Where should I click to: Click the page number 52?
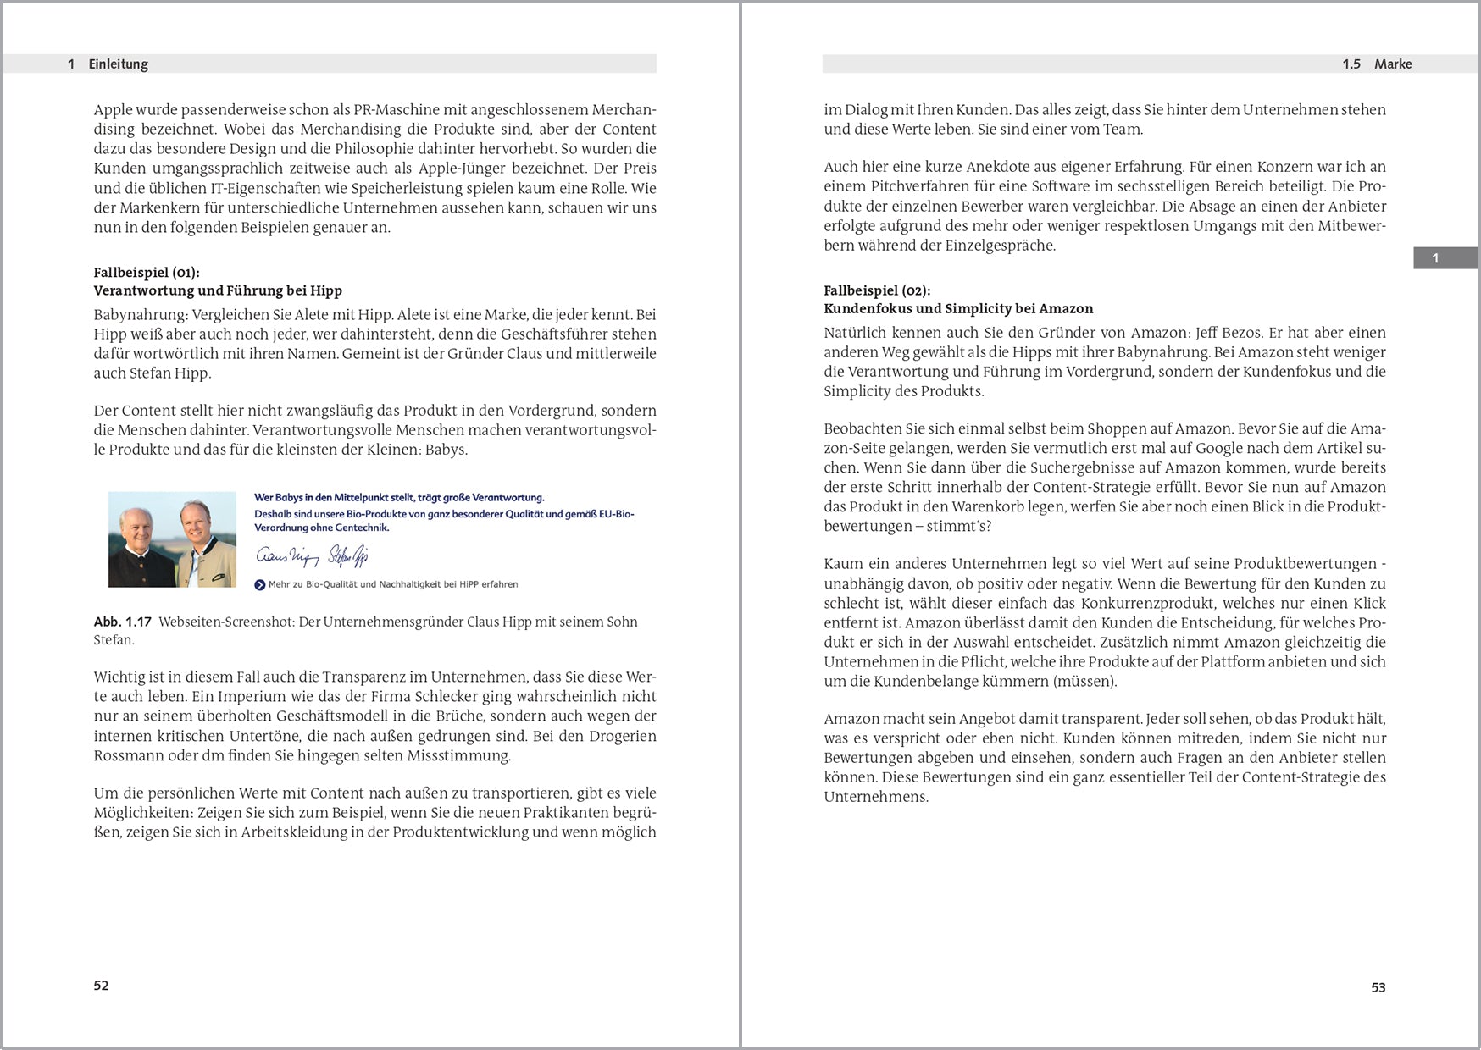pos(101,986)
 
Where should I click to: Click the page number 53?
pos(1378,987)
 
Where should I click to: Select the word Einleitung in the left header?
pos(118,64)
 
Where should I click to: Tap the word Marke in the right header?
pos(1393,64)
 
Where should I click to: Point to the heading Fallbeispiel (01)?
pos(147,273)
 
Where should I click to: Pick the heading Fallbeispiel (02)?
pos(877,290)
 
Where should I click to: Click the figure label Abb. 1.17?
pos(123,622)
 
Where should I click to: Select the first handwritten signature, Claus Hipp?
pos(283,555)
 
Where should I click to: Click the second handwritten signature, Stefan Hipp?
pos(347,555)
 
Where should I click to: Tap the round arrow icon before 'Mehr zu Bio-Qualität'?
pos(260,584)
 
